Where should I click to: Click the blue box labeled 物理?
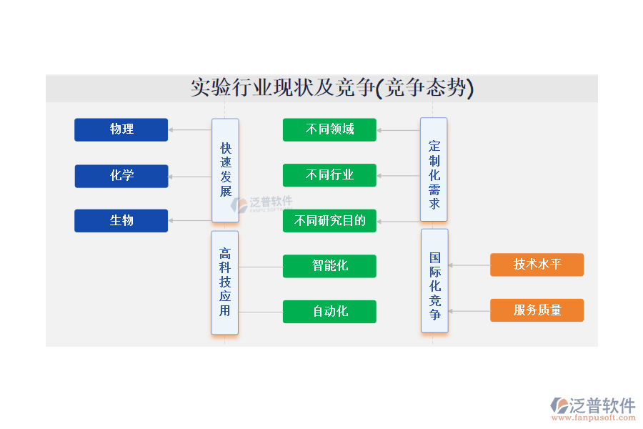[121, 129]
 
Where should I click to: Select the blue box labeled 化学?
[121, 176]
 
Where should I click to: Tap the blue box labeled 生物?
[121, 220]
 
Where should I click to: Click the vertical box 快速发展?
[225, 170]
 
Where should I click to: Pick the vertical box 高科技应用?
[225, 282]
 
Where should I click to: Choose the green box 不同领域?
[329, 129]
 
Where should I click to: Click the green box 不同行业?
[329, 175]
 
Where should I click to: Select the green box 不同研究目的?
[329, 220]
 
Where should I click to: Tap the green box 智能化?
[329, 266]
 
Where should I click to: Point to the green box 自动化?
[329, 311]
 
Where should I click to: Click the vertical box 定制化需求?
[434, 169]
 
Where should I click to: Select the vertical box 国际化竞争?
[434, 280]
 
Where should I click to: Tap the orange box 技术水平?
[537, 265]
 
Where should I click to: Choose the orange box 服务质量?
[537, 310]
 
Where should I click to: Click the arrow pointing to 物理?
[190, 130]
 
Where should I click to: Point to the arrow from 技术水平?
[469, 265]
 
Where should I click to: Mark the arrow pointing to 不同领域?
[398, 130]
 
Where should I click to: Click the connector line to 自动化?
[261, 312]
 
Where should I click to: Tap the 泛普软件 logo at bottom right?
[593, 408]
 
